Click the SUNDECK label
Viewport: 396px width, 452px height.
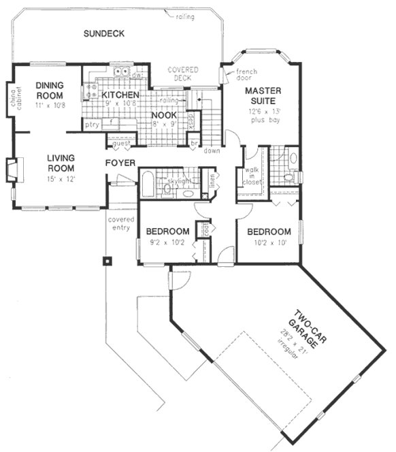tap(103, 34)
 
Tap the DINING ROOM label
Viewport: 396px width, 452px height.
tap(50, 90)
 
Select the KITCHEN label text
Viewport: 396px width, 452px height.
tap(120, 95)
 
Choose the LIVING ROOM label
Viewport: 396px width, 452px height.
tap(61, 163)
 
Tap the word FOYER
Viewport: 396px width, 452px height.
tap(120, 163)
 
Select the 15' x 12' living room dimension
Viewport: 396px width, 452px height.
tap(61, 178)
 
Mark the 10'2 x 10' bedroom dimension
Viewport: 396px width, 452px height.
tap(268, 242)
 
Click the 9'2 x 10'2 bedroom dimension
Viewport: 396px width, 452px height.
tap(167, 242)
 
